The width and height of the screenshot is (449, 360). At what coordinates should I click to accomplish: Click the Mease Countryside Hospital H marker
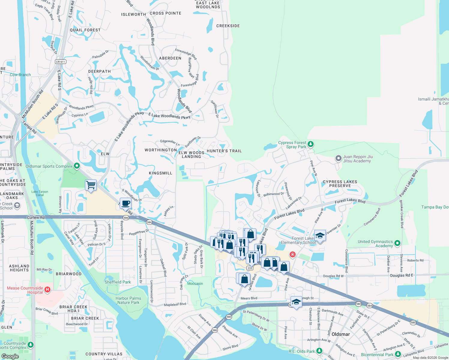47,289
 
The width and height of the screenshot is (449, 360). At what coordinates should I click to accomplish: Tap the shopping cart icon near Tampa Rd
91,185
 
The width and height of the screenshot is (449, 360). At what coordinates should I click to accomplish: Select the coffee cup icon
125,203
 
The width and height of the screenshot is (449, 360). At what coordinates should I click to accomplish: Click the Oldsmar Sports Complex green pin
77,166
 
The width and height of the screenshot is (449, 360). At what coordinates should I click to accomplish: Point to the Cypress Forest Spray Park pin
311,144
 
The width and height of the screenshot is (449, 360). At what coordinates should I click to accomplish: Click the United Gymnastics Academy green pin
397,243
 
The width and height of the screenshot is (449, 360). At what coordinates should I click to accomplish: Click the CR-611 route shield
60,62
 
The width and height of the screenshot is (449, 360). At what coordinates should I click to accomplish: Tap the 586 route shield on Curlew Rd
126,218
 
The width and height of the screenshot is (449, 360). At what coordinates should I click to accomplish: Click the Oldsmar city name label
341,334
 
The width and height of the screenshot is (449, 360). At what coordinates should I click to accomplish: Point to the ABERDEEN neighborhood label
170,58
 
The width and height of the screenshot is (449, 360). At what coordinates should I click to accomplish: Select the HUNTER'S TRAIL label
224,151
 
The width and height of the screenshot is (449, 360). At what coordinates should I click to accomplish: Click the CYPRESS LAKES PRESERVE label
340,184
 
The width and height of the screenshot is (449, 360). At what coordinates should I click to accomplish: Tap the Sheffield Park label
118,282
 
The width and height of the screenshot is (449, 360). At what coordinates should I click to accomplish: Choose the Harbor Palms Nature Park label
128,300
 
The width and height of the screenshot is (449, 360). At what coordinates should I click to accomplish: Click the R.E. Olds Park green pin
319,350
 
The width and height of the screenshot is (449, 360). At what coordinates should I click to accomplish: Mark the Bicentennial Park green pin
398,354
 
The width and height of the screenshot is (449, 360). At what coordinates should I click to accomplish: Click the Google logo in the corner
10,356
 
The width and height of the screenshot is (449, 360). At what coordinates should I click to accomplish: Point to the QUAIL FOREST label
85,30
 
